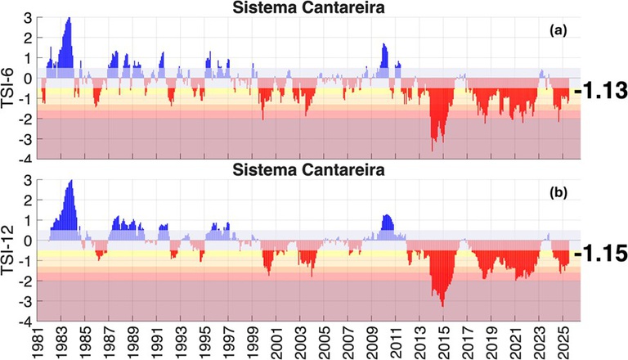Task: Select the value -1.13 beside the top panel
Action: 600,92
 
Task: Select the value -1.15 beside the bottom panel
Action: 600,254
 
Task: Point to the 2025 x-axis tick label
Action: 562,343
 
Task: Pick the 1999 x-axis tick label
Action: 252,343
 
